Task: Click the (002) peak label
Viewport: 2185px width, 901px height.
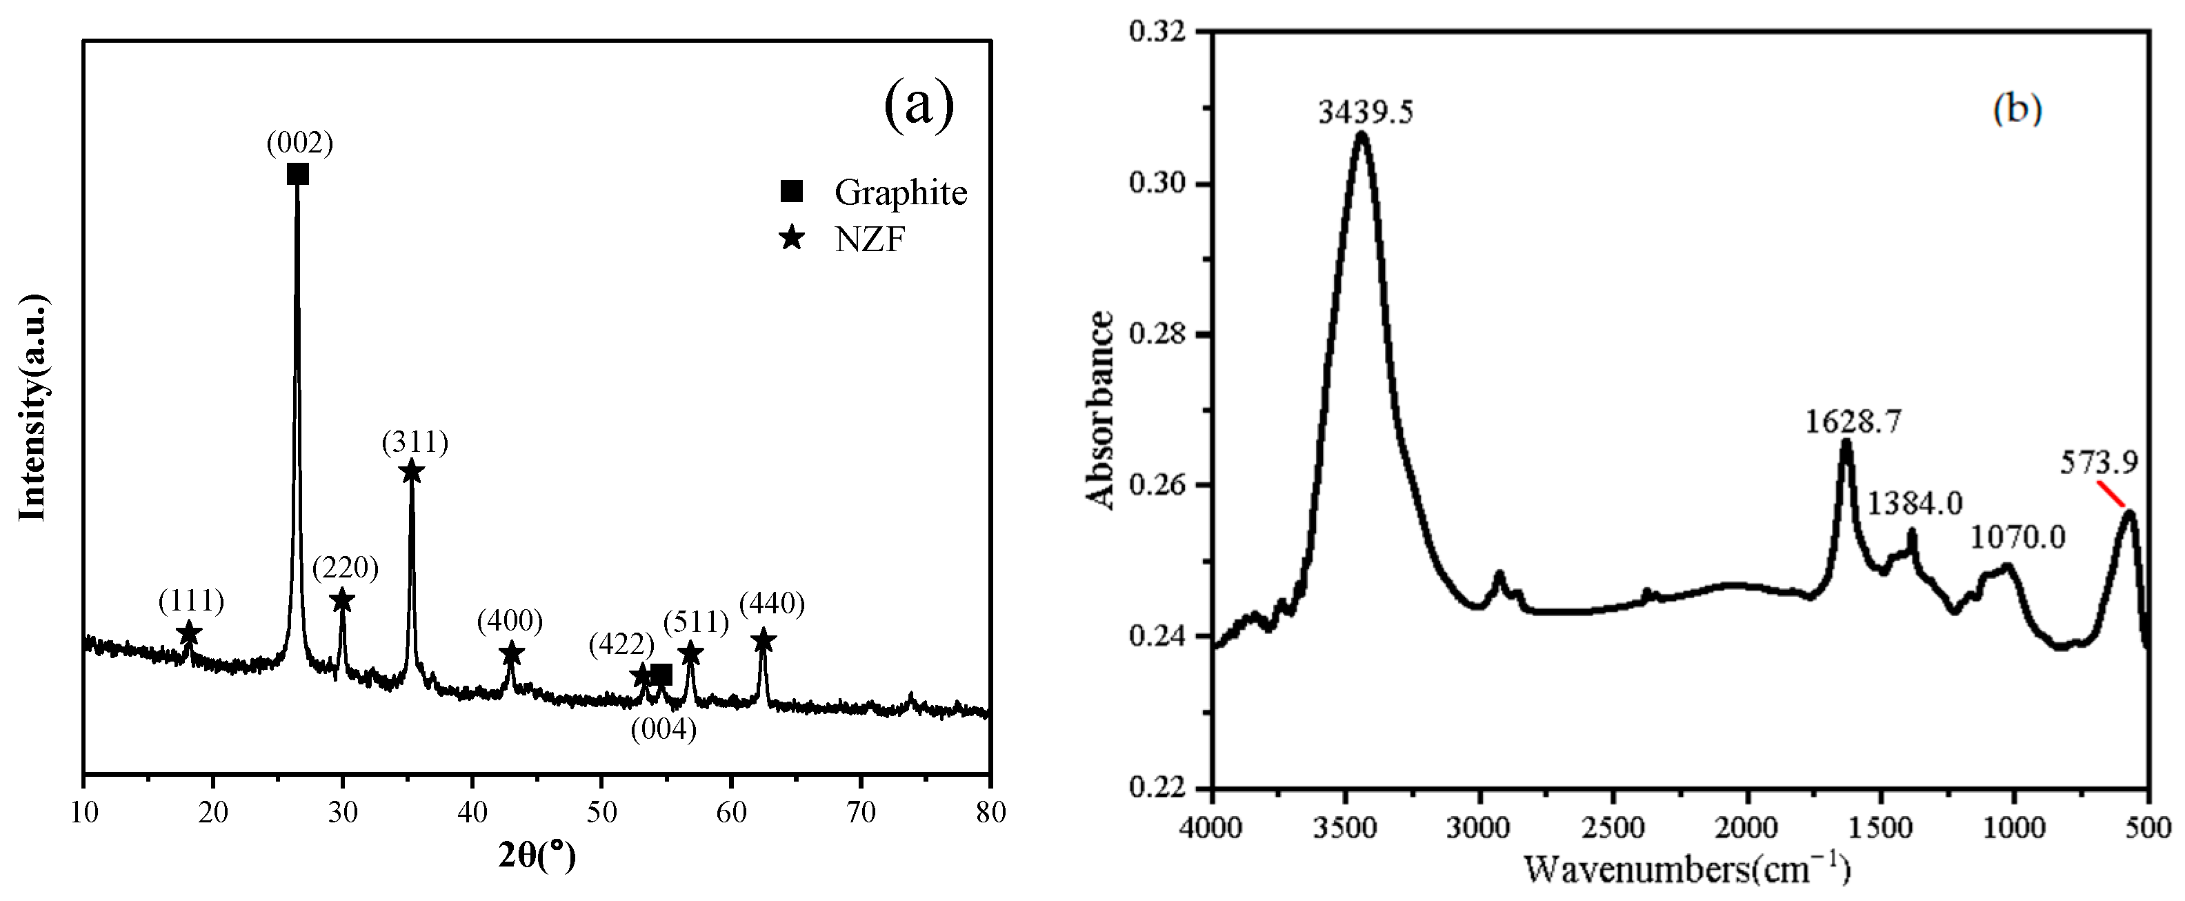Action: click(x=299, y=143)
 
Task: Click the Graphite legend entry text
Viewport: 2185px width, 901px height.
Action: click(x=900, y=192)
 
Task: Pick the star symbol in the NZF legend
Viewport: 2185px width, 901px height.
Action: click(x=791, y=239)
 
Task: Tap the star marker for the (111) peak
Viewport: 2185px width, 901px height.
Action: click(x=190, y=633)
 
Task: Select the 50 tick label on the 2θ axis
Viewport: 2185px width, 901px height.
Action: click(x=601, y=812)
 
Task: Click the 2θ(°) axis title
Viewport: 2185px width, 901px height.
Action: click(x=536, y=857)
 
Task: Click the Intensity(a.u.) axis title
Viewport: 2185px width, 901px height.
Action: click(x=34, y=407)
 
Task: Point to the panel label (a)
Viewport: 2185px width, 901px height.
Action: click(x=919, y=105)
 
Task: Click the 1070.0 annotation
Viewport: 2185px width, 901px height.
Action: click(x=2016, y=537)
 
